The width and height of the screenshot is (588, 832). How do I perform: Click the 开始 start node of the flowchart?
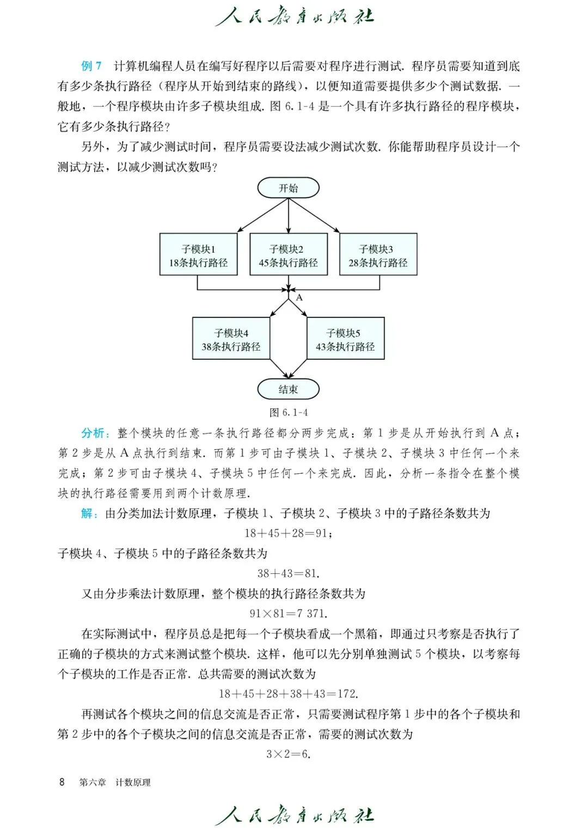(288, 188)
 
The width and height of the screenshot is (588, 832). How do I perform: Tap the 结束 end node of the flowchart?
(288, 389)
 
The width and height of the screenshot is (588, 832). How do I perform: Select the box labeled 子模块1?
(198, 255)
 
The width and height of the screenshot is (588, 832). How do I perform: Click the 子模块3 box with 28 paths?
(378, 255)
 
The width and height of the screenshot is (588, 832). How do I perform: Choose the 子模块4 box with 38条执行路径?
(231, 339)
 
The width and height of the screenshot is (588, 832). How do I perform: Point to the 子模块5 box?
(345, 339)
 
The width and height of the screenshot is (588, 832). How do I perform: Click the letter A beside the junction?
(299, 298)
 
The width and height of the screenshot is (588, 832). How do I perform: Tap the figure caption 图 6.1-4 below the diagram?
(289, 412)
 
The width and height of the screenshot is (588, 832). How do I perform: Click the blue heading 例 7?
(91, 66)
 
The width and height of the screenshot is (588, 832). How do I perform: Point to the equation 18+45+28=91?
(288, 533)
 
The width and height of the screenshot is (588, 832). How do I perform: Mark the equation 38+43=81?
(288, 573)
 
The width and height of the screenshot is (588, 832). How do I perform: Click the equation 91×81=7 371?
(288, 614)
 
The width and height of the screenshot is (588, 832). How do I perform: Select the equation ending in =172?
(288, 694)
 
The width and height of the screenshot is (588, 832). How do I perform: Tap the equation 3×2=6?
(288, 754)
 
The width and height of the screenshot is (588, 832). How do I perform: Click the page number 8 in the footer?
(62, 782)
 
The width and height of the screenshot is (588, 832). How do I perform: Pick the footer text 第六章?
(93, 782)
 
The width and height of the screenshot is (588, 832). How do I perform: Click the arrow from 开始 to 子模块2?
(288, 216)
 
